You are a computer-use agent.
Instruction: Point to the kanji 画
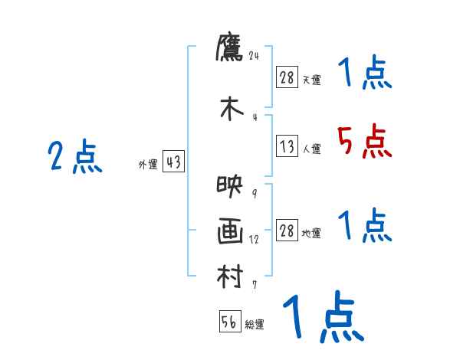click(230, 231)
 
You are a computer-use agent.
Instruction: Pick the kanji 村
click(230, 276)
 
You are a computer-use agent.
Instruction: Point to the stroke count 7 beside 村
click(255, 285)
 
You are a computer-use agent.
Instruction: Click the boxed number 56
click(229, 322)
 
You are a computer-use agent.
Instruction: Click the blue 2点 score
click(74, 159)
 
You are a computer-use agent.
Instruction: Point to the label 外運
click(147, 164)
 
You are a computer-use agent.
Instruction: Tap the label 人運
click(311, 149)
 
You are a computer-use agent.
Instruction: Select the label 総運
click(255, 325)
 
